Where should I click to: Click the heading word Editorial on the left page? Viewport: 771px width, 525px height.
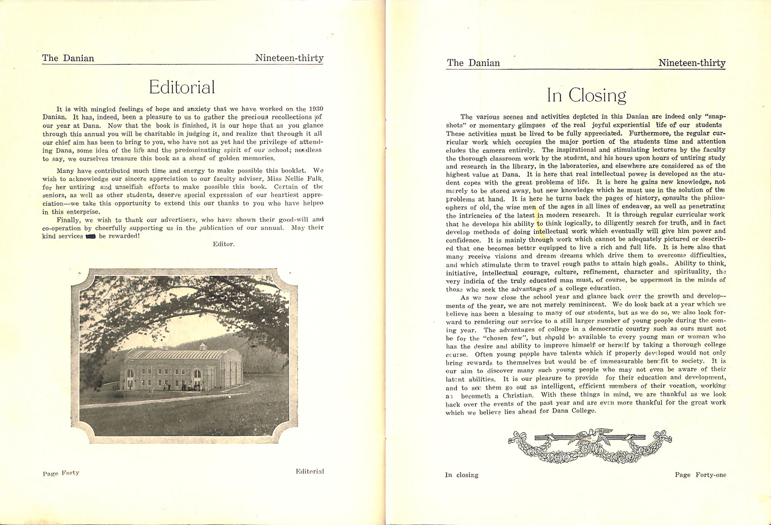click(x=182, y=87)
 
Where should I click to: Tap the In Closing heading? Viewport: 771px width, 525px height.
click(x=586, y=96)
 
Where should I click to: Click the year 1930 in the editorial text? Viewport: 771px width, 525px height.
click(x=316, y=109)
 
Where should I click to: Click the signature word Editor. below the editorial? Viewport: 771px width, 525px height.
click(x=224, y=244)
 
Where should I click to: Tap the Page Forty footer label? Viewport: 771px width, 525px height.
click(x=61, y=473)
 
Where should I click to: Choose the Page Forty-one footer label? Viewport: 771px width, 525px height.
click(x=700, y=475)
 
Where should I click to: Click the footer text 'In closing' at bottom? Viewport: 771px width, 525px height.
click(x=461, y=475)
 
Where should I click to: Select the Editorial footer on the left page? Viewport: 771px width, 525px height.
click(x=310, y=471)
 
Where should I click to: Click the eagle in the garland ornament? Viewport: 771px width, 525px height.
click(x=590, y=438)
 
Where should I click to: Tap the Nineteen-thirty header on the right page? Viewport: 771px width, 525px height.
click(x=692, y=63)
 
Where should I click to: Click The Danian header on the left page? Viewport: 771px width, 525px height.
click(x=68, y=58)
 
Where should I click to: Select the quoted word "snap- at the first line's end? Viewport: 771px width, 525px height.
click(x=713, y=117)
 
